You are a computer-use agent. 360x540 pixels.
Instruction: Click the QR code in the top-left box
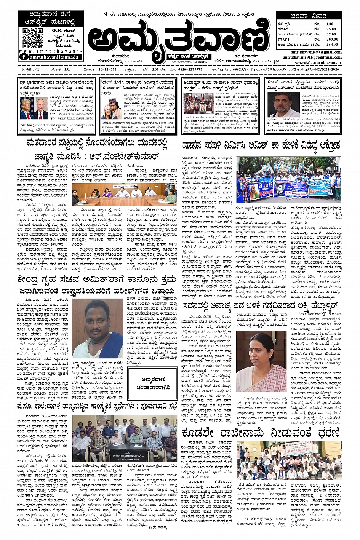click(x=32, y=37)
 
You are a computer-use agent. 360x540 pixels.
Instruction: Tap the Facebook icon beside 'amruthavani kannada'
click(x=24, y=57)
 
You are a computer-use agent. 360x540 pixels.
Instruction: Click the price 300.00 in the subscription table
click(x=332, y=39)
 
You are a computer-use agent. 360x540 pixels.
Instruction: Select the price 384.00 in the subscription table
click(x=332, y=45)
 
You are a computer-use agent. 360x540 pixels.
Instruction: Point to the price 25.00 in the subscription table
click(x=331, y=29)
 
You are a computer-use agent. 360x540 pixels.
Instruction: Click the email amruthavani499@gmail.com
click(x=322, y=52)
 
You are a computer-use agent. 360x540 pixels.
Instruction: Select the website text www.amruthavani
click(x=50, y=51)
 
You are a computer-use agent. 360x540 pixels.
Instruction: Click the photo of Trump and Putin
click(x=34, y=109)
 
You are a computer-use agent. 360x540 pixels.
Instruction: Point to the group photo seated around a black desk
click(x=124, y=438)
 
